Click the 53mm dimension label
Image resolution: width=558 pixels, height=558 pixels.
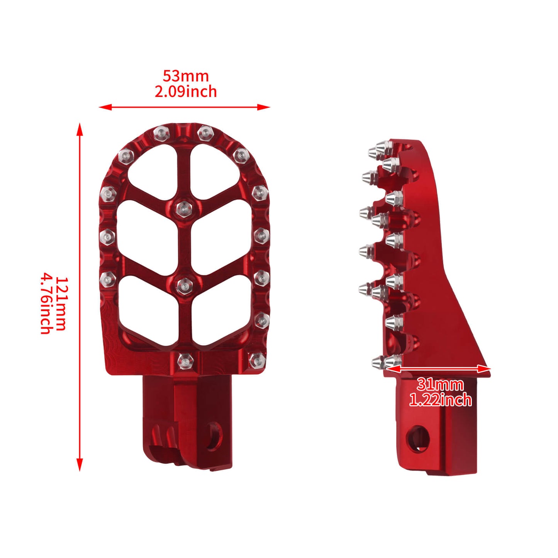coord(185,76)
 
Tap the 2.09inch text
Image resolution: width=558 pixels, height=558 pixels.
coord(186,92)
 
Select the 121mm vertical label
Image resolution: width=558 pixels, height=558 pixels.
coord(61,304)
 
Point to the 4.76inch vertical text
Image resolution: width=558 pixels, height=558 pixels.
coord(46,304)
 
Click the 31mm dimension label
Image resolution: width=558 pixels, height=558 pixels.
coord(440,385)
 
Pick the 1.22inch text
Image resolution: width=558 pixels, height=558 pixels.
coord(440,400)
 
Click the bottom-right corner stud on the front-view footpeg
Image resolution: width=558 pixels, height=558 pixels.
coord(256,360)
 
